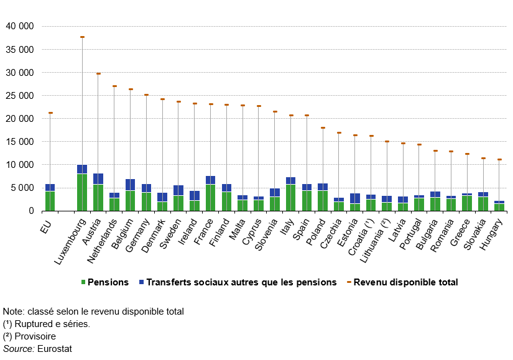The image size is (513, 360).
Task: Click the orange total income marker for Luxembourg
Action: point(82,37)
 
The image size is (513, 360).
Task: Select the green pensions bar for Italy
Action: point(291,198)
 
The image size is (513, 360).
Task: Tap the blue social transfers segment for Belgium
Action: point(131,185)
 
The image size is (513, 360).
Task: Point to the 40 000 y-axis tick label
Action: point(20,27)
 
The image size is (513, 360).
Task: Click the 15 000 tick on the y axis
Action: point(20,142)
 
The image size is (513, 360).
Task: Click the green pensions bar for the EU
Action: point(50,201)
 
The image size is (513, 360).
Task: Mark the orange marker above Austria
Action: point(98,73)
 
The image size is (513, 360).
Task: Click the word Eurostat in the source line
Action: point(55,349)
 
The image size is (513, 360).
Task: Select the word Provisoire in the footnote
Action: point(42,336)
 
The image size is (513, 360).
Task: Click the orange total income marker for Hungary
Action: point(499,160)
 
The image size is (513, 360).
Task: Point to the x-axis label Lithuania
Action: point(376,236)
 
